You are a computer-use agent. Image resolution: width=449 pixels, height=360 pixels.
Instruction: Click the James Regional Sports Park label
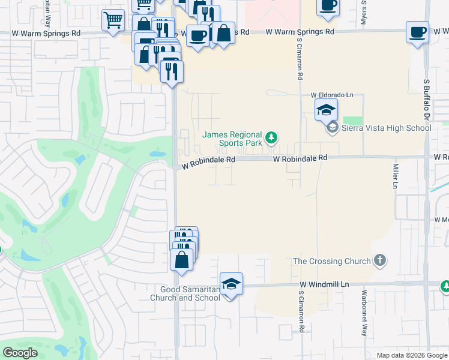[232, 139]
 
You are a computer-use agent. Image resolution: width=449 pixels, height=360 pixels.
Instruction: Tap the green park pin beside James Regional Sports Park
[272, 139]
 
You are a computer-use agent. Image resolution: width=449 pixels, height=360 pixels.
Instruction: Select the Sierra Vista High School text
[386, 128]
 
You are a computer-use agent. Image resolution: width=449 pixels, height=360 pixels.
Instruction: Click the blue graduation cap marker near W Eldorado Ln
[327, 110]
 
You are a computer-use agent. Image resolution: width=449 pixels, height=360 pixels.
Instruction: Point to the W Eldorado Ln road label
[332, 95]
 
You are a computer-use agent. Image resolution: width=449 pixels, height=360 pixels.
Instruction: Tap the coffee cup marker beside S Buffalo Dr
[417, 32]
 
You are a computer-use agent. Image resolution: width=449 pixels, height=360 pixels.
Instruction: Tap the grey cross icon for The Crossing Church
[379, 260]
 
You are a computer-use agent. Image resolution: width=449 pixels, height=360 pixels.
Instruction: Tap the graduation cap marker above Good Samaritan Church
[231, 284]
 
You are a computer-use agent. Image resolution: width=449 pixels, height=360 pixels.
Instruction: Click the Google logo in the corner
[20, 353]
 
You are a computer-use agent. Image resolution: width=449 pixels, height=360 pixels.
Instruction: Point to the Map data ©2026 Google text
[411, 355]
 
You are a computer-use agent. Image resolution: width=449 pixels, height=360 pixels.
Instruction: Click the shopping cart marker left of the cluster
[113, 20]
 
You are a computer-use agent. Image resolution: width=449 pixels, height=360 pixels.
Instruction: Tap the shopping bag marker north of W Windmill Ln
[182, 260]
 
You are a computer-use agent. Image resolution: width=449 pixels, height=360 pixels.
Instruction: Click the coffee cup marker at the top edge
[328, 5]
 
